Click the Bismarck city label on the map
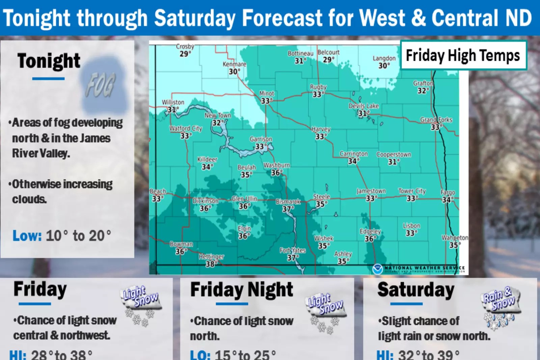pyautogui.click(x=288, y=201)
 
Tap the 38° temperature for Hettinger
pyautogui.click(x=210, y=264)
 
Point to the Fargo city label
pyautogui.click(x=448, y=192)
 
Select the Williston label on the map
pyautogui.click(x=173, y=102)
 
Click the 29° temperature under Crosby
pyautogui.click(x=185, y=54)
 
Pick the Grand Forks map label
pyautogui.click(x=436, y=120)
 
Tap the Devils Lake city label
pyautogui.click(x=364, y=106)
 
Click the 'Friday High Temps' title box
pyautogui.click(x=463, y=55)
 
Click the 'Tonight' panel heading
pyautogui.click(x=49, y=61)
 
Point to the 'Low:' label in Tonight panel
pyautogui.click(x=27, y=236)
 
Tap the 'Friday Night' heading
pyautogui.click(x=242, y=290)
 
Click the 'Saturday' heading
pyautogui.click(x=416, y=290)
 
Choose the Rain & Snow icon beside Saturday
pyautogui.click(x=500, y=307)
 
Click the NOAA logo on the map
pyautogui.click(x=377, y=269)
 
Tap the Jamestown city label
pyautogui.click(x=371, y=191)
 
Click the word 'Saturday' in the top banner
pyautogui.click(x=195, y=18)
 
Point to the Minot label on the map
pyautogui.click(x=267, y=93)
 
